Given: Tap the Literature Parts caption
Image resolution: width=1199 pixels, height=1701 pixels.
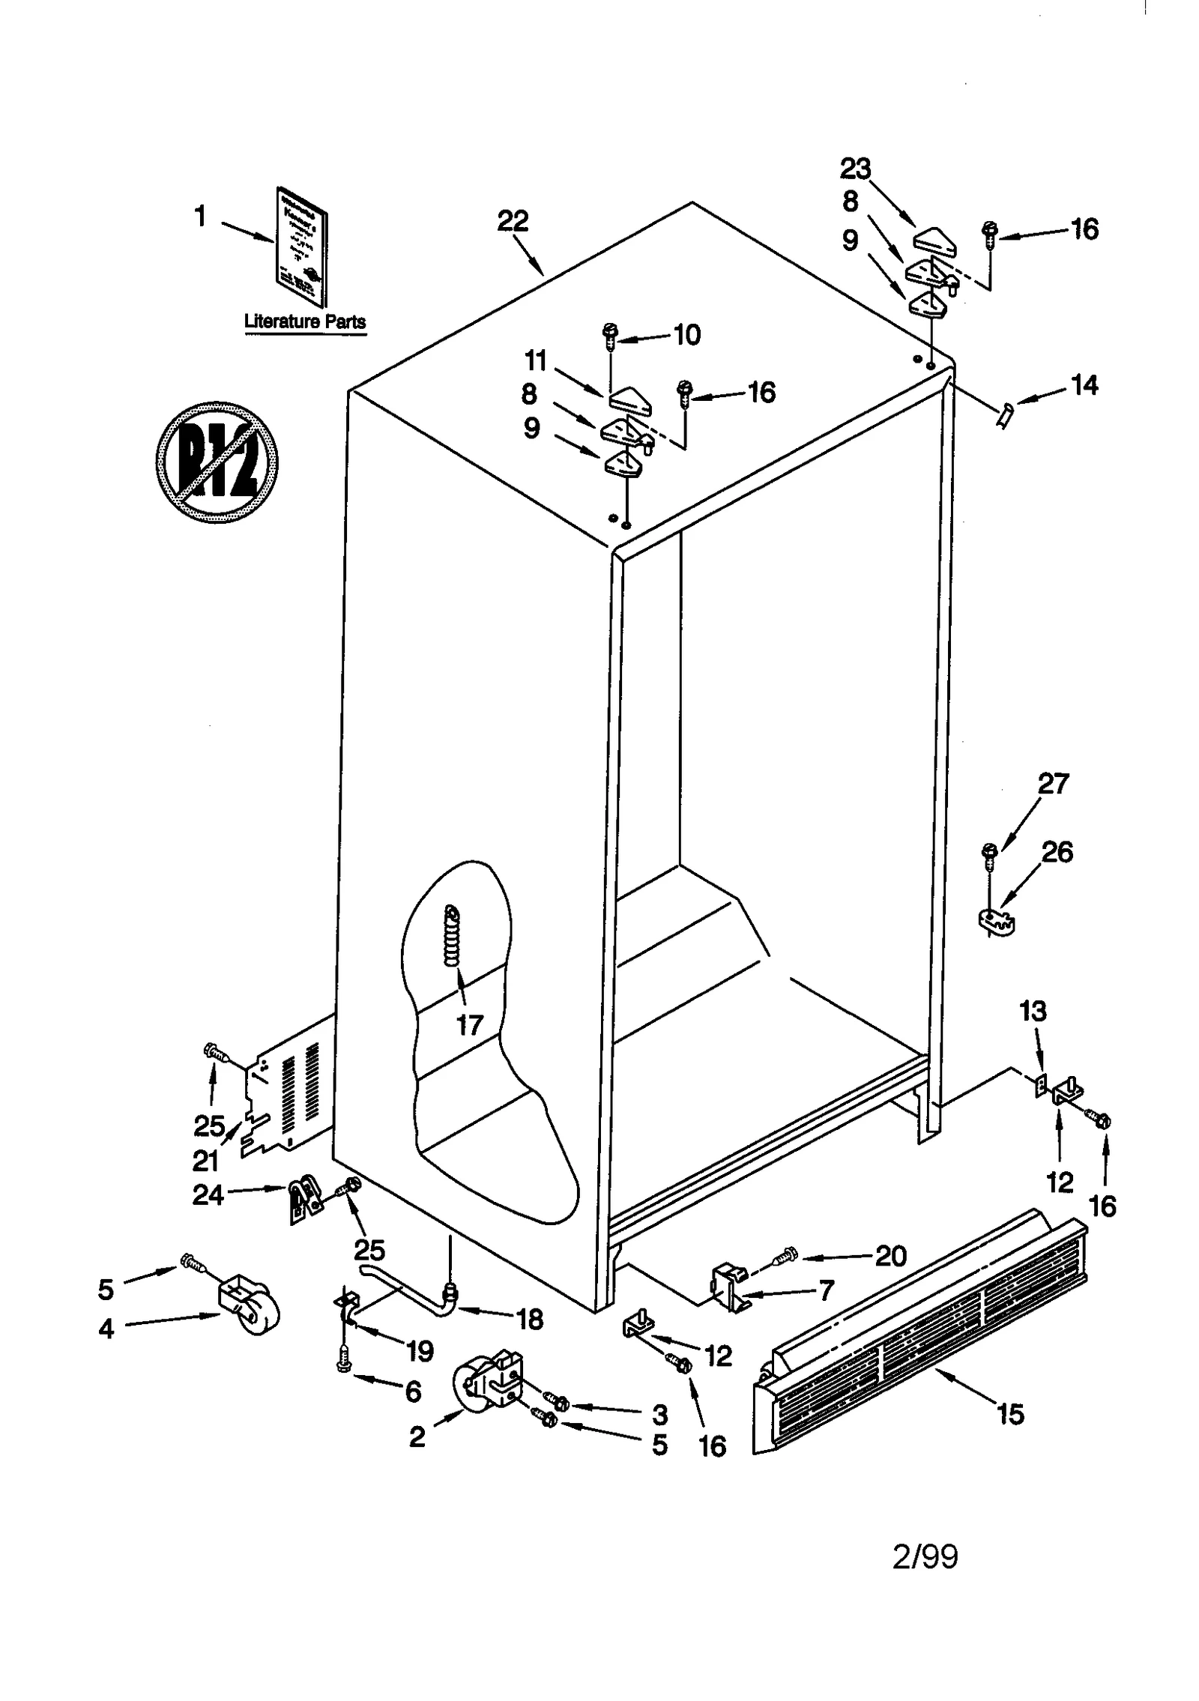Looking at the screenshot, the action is (305, 322).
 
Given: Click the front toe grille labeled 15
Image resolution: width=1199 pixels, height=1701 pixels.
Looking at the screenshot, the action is (918, 1334).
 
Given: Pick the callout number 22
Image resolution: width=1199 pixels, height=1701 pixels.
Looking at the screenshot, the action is (513, 221).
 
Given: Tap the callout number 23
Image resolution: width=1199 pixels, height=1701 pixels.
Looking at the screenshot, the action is (855, 169).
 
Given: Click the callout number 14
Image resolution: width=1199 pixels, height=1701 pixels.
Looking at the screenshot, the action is (1084, 385).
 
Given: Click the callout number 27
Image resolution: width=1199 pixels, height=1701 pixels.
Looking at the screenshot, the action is (1053, 784).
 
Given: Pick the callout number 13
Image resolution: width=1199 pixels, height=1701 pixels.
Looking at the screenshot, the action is (1033, 1011).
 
